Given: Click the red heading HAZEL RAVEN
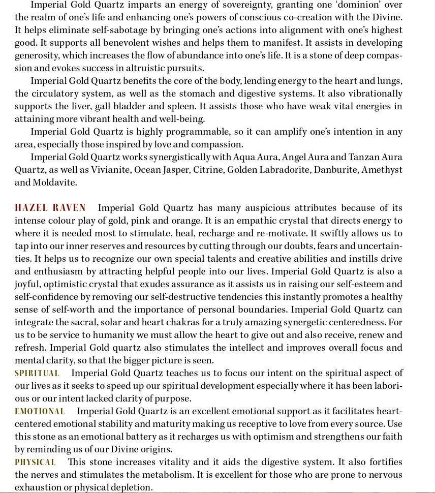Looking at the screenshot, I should point(50,208).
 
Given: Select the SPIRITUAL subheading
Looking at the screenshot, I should point(37,373).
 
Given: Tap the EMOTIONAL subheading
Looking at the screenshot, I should point(40,411).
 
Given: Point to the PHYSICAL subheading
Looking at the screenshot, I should point(35,462).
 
